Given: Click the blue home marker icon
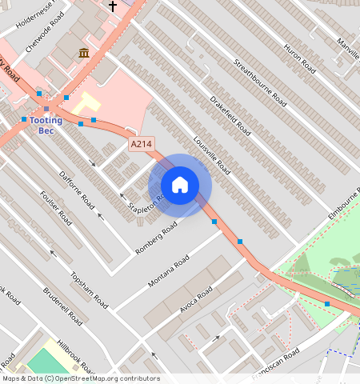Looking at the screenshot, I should [x=180, y=185].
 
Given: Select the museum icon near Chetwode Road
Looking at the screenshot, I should [x=84, y=54].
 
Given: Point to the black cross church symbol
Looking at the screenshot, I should [x=113, y=6].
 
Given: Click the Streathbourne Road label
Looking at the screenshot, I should [x=260, y=82].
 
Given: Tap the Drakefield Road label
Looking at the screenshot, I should [x=230, y=114].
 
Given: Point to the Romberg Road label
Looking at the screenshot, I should [x=155, y=238].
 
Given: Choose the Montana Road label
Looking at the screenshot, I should [x=169, y=272].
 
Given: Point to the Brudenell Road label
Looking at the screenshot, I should [x=62, y=305].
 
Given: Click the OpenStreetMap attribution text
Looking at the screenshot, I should [x=81, y=378].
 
